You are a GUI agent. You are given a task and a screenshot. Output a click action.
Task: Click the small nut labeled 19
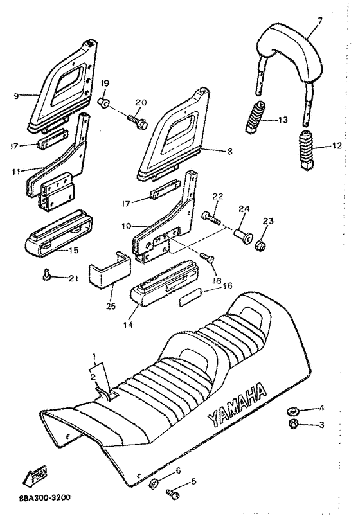click(x=103, y=102)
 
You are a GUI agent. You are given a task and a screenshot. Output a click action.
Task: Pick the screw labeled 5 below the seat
click(x=172, y=494)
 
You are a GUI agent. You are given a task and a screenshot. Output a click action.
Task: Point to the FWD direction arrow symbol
click(x=30, y=477)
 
